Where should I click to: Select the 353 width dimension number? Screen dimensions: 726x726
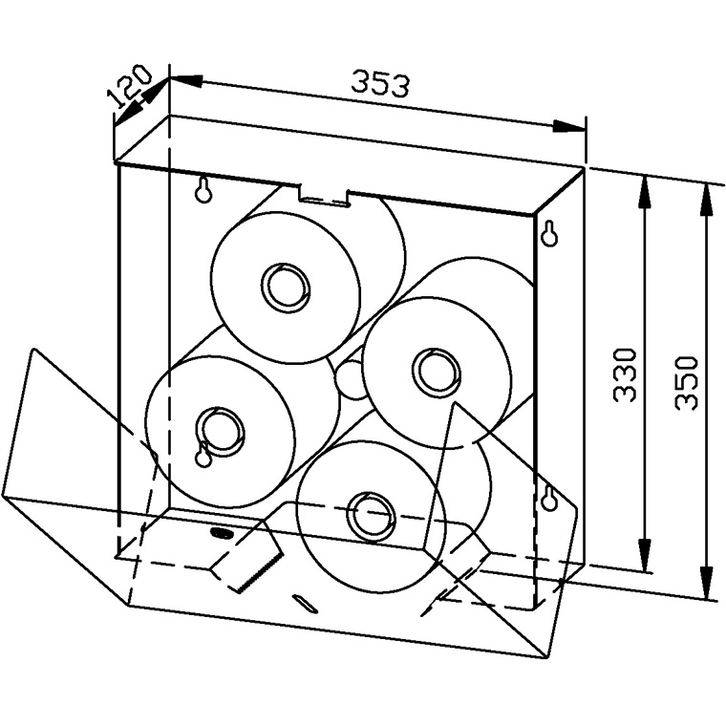pyautogui.click(x=379, y=84)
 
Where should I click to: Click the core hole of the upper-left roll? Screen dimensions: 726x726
pyautogui.click(x=285, y=285)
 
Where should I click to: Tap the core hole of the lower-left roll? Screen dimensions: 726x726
pyautogui.click(x=219, y=426)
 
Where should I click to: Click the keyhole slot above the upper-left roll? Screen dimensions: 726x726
pyautogui.click(x=203, y=191)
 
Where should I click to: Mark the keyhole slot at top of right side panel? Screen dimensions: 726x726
pyautogui.click(x=549, y=232)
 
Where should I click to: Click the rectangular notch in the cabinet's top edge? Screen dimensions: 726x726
pyautogui.click(x=322, y=195)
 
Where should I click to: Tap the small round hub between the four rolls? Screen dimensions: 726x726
pyautogui.click(x=350, y=379)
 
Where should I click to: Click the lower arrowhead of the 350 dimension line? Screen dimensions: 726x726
pyautogui.click(x=709, y=588)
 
